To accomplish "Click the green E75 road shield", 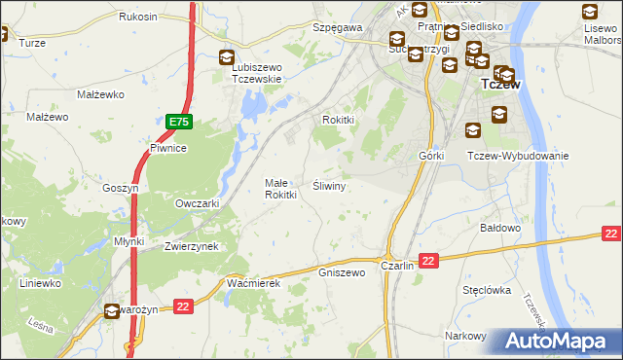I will (x=178, y=123).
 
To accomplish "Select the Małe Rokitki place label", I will (x=280, y=189).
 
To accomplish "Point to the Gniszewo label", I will (x=342, y=273).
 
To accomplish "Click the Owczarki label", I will (x=197, y=204).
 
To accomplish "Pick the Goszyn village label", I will (x=122, y=188).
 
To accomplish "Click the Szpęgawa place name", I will (x=337, y=28).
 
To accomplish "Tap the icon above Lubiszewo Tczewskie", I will (x=227, y=58).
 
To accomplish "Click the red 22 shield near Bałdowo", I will (x=611, y=234).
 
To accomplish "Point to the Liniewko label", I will (x=41, y=283).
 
